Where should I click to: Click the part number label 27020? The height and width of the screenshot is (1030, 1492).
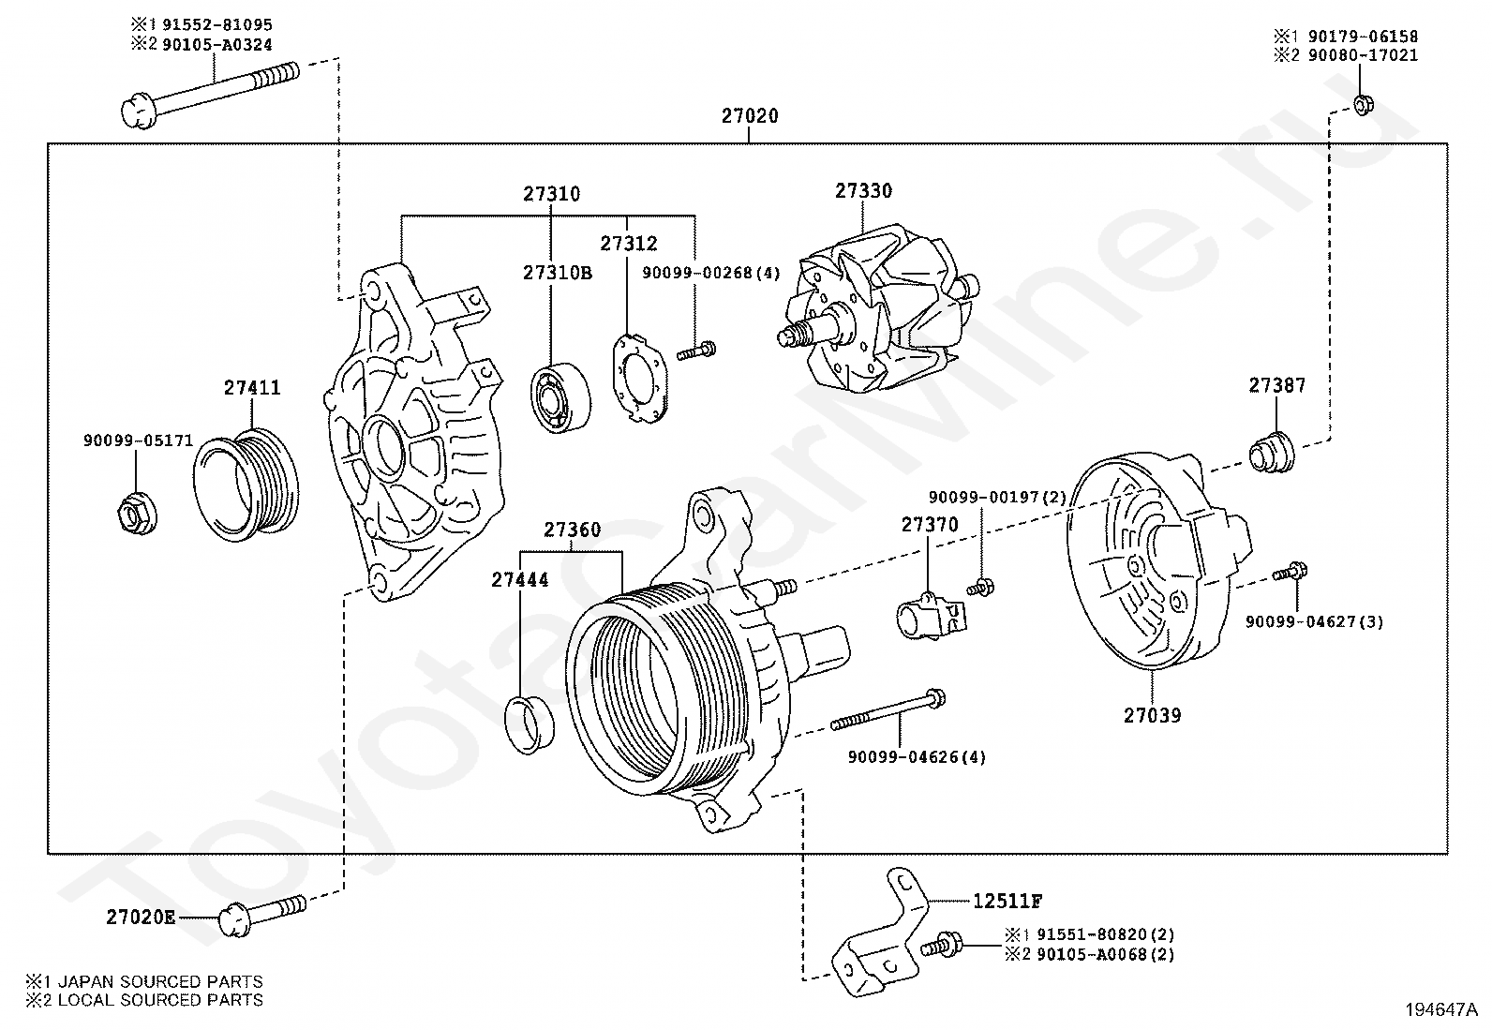point(749,116)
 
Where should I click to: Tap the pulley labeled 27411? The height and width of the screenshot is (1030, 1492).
point(246,485)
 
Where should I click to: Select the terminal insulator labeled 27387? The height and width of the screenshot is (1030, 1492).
point(1270,450)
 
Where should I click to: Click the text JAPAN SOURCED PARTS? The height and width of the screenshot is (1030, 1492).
point(159,981)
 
